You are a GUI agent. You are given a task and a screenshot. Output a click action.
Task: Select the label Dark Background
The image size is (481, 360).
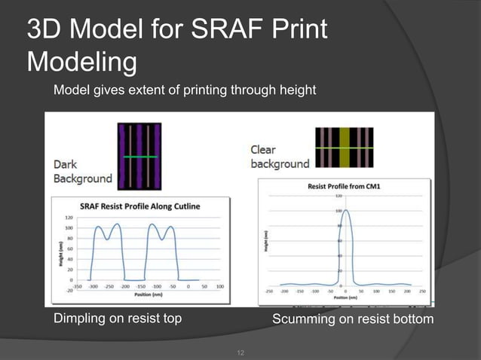(x=82, y=171)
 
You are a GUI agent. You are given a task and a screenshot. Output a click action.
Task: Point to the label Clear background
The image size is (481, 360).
(x=279, y=157)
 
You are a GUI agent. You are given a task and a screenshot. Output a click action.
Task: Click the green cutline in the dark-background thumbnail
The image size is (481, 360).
(x=139, y=156)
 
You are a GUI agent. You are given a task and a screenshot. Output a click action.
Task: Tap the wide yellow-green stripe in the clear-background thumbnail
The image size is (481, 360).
(x=345, y=148)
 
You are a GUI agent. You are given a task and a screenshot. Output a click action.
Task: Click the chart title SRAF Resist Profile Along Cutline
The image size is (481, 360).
(x=145, y=205)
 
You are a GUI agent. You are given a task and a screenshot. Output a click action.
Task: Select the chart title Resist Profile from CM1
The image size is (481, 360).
(x=344, y=186)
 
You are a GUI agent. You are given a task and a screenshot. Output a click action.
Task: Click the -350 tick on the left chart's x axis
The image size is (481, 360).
(x=77, y=286)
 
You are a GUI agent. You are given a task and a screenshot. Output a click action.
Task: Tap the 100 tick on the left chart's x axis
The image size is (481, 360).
(x=219, y=286)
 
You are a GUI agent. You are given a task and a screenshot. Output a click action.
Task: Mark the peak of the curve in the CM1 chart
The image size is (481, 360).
(x=344, y=211)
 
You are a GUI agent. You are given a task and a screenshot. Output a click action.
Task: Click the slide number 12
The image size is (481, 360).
(x=241, y=352)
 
